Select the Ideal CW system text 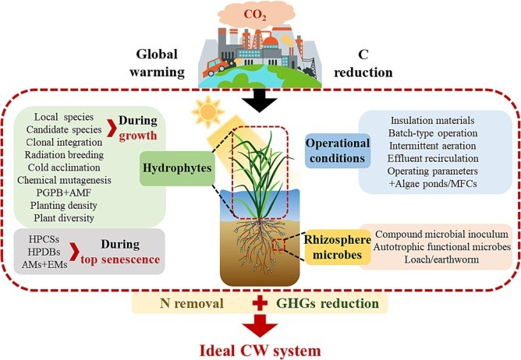click(x=260, y=348)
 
